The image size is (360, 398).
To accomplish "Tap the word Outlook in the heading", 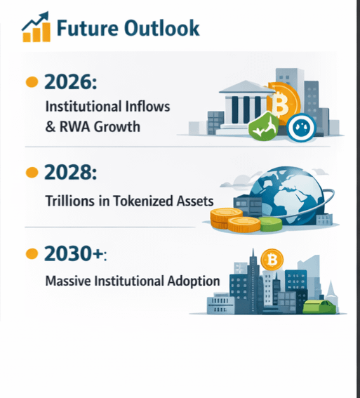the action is pyautogui.click(x=162, y=27).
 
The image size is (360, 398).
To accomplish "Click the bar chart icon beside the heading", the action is pyautogui.click(x=36, y=27).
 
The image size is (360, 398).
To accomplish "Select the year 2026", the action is pyautogui.click(x=71, y=81).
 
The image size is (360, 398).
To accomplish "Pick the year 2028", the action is pyautogui.click(x=71, y=172).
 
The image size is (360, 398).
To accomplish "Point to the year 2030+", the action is pyautogui.click(x=75, y=253).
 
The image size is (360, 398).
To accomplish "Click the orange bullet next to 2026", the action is pyautogui.click(x=32, y=81).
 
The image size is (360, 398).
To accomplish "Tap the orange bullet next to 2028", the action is pyautogui.click(x=32, y=173).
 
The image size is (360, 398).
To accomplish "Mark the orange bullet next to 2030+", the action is pyautogui.click(x=32, y=253).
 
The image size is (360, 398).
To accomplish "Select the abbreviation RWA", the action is pyautogui.click(x=75, y=126).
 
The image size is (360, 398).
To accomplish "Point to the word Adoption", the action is pyautogui.click(x=194, y=281).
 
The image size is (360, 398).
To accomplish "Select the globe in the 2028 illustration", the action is pyautogui.click(x=287, y=195).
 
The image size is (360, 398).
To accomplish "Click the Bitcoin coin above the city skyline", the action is pyautogui.click(x=272, y=260).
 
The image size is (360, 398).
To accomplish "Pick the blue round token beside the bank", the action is pyautogui.click(x=301, y=128).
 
